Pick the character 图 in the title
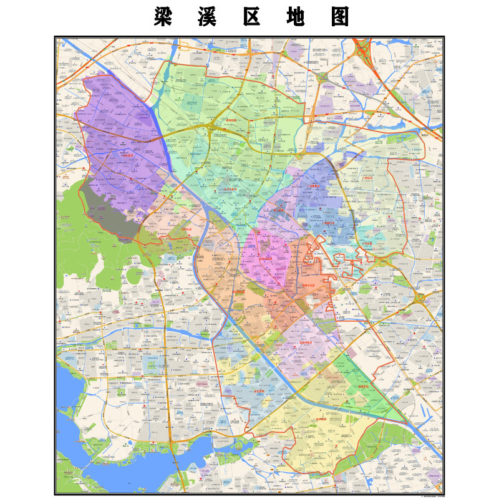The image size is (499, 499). click(339, 17)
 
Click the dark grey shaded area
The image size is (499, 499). click(112, 206)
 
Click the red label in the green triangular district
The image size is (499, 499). click(365, 387)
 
